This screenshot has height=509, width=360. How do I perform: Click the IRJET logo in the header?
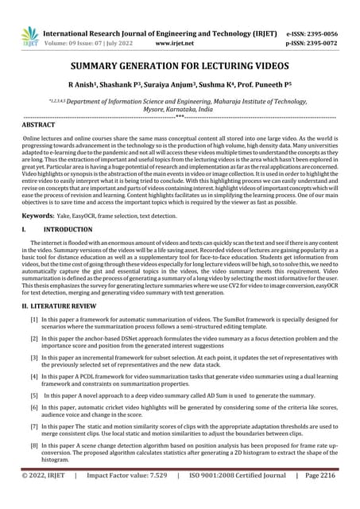[x=29, y=36]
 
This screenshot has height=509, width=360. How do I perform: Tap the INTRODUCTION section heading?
[x=68, y=230]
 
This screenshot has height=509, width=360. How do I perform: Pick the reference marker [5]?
[x=33, y=394]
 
